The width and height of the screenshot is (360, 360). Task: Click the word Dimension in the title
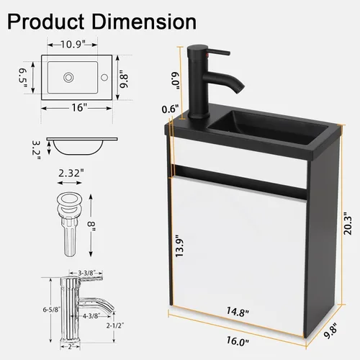[144, 22]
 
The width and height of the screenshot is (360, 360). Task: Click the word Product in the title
[45, 22]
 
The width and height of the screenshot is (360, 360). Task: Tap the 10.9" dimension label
[73, 45]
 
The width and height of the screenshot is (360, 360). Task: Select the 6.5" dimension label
[23, 78]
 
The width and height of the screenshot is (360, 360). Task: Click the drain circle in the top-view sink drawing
[68, 78]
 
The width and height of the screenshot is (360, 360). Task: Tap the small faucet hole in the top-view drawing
[104, 78]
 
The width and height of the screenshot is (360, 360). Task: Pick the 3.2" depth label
[37, 150]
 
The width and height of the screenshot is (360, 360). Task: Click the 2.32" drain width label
[71, 173]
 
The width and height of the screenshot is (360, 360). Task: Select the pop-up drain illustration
[70, 225]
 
